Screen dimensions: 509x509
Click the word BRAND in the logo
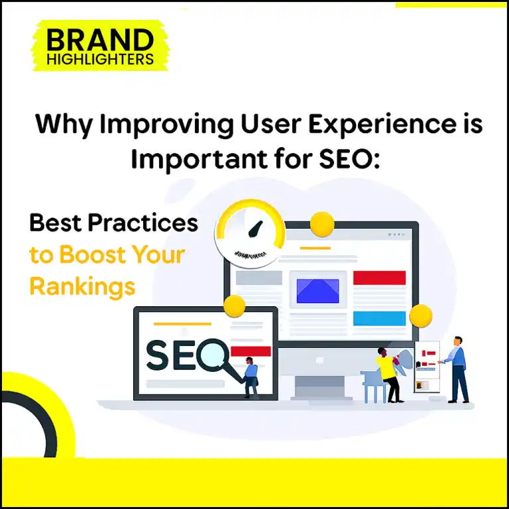[x=99, y=41]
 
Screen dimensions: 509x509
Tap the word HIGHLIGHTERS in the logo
[x=99, y=60]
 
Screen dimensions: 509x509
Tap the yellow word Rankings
[x=82, y=286]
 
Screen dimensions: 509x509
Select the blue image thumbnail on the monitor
[x=317, y=291]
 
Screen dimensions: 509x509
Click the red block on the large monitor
[x=379, y=278]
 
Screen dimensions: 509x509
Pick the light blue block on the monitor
[x=379, y=318]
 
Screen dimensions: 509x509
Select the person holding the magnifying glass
[x=251, y=376]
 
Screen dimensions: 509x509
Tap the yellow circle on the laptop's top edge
[x=234, y=306]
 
